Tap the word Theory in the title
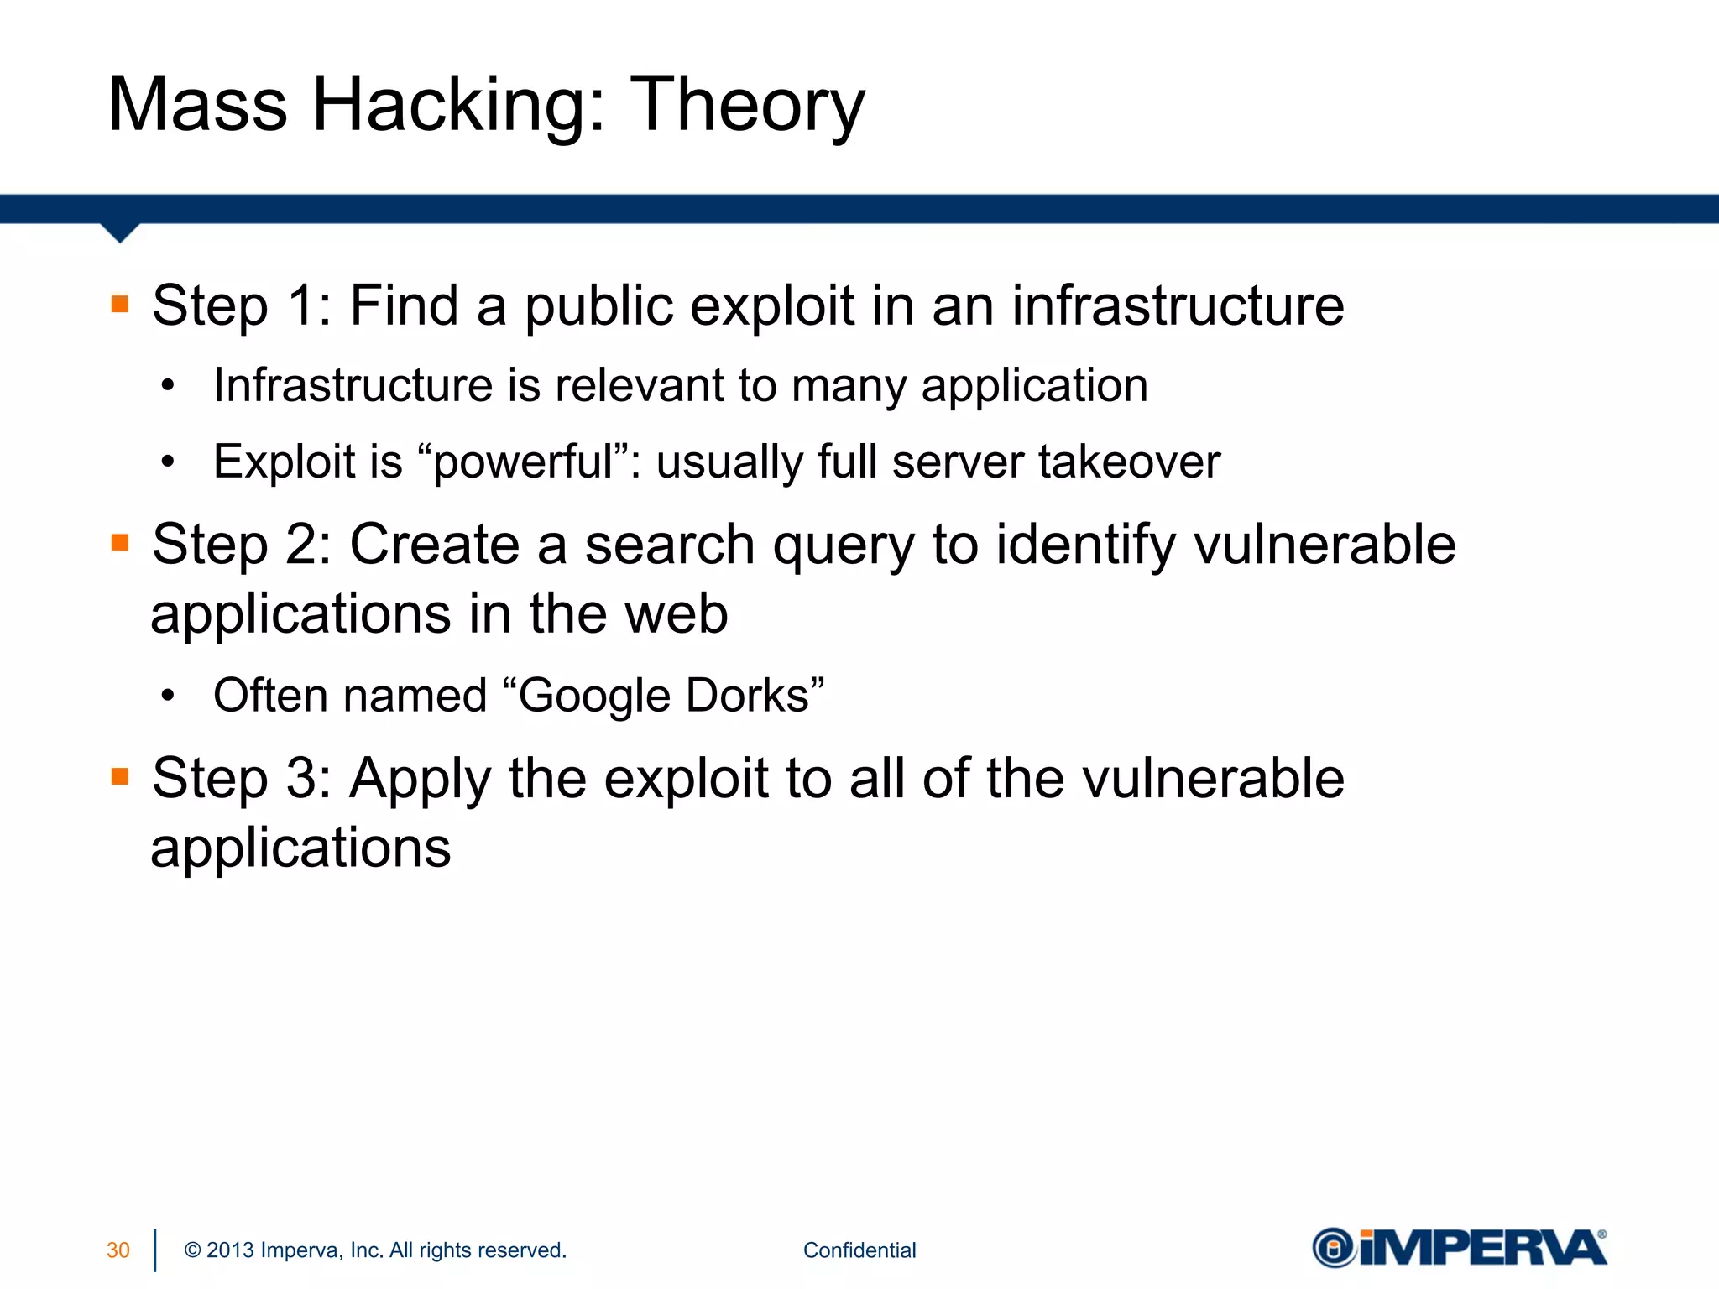click(747, 107)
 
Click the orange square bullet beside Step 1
click(120, 304)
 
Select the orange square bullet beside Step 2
click(120, 543)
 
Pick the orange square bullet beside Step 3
click(120, 777)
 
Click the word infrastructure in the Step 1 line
click(1178, 305)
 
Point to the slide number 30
click(118, 1250)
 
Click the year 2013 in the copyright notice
click(230, 1250)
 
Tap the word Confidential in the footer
click(859, 1250)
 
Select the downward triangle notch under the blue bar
click(120, 232)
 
